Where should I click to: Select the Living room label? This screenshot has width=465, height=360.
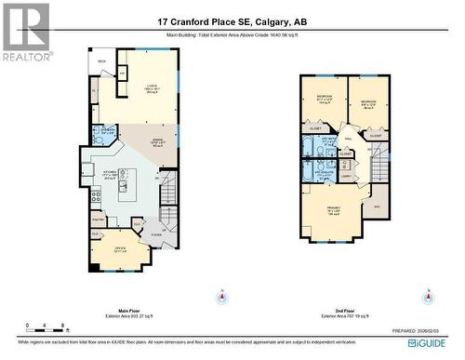[x=150, y=90]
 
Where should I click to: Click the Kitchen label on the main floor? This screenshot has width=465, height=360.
[x=110, y=172]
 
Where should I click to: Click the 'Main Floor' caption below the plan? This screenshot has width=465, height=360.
[x=128, y=311]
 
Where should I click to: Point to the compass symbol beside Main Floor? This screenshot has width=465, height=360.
[x=222, y=299]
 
